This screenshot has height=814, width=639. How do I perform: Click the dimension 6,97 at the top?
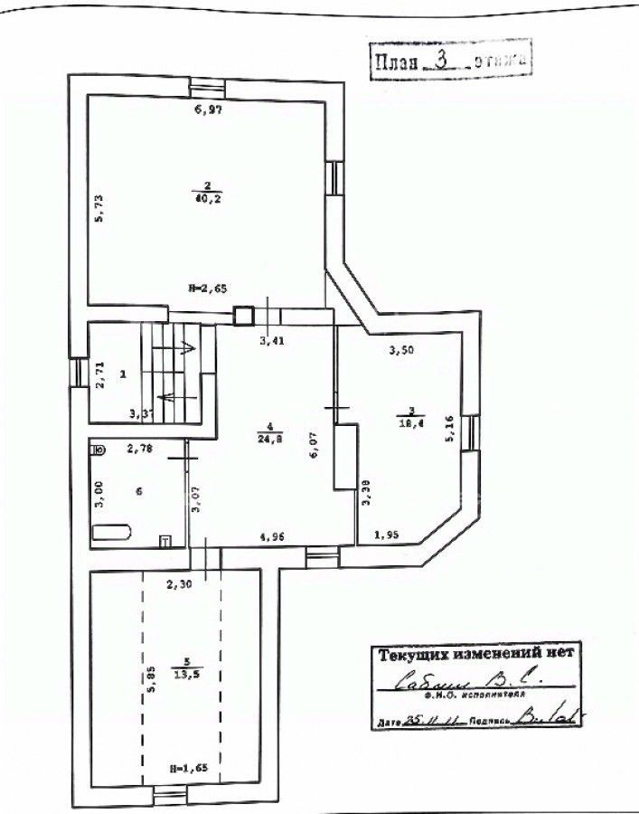point(209,110)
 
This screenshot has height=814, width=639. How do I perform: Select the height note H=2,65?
point(207,289)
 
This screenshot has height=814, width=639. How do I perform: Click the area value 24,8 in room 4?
point(269,442)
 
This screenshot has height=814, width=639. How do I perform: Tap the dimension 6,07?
point(314,446)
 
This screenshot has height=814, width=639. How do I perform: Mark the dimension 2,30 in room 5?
point(180,584)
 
